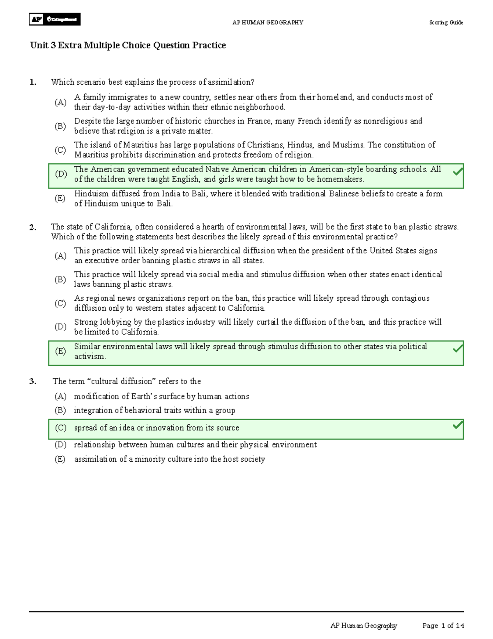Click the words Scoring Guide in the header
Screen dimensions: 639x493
[x=446, y=23]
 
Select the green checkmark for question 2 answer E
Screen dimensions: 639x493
[x=457, y=349]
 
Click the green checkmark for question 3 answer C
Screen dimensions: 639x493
[x=457, y=425]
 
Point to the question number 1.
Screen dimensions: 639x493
[x=33, y=82]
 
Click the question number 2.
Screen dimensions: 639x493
[x=33, y=227]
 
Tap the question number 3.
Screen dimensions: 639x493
[x=33, y=381]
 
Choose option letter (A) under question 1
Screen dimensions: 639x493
[x=60, y=102]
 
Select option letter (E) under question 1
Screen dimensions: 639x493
[x=60, y=198]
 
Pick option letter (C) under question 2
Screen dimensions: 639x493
[x=60, y=303]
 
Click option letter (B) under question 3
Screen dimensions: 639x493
[x=60, y=410]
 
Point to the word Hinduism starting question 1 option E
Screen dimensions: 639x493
[x=90, y=193]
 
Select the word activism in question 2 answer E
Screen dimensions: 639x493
[x=90, y=356]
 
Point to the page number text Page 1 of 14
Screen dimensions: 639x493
[x=443, y=626]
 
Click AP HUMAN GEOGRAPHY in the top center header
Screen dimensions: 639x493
[x=267, y=23]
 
